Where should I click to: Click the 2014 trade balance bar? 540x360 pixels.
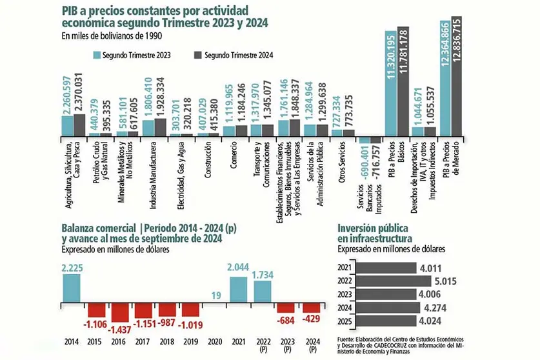pos(71,288)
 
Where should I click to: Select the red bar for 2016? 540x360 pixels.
pos(120,312)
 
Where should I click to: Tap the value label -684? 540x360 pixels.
pos(286,321)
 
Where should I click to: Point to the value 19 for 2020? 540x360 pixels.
pos(216,295)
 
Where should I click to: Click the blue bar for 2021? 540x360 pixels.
pos(238,290)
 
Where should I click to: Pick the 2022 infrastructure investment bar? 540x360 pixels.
pos(394,281)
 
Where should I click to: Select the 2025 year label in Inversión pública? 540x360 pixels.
pos(345,321)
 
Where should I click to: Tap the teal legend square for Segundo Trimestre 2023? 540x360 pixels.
pos(97,55)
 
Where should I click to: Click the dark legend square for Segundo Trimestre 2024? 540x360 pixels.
pos(197,55)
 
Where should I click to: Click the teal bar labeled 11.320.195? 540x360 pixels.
pos(390,83)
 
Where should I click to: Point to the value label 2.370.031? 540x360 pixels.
pos(79,93)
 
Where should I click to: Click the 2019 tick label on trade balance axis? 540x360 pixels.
pos(191,341)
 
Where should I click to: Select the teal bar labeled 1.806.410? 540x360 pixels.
pos(148,128)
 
